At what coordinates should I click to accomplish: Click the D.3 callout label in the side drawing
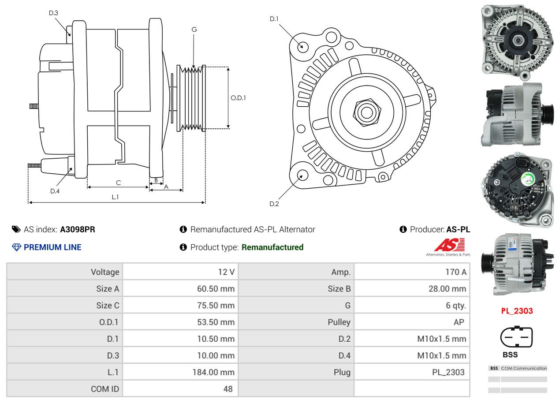pos(53,13)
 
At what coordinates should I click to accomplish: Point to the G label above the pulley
pos(194,30)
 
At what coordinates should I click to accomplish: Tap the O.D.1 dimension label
pos(239,98)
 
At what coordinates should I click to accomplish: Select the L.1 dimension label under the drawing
pos(115,197)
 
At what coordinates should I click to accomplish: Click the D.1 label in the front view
pos(274,19)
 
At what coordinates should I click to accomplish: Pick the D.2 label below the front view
pos(274,204)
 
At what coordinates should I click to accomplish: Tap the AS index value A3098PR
pos(78,229)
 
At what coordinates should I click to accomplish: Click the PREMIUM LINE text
pos(52,247)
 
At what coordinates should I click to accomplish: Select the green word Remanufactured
pos(272,247)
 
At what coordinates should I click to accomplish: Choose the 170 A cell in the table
pos(456,272)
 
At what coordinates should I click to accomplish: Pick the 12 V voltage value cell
pos(226,272)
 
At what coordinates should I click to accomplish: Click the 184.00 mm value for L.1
pos(213,372)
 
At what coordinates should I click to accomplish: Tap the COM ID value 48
pos(228,389)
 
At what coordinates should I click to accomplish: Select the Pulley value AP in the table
pos(458,322)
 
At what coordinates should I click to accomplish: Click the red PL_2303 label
pos(517,311)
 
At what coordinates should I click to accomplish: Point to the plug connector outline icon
pos(516,337)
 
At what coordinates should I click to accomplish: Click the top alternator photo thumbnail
pos(517,40)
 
